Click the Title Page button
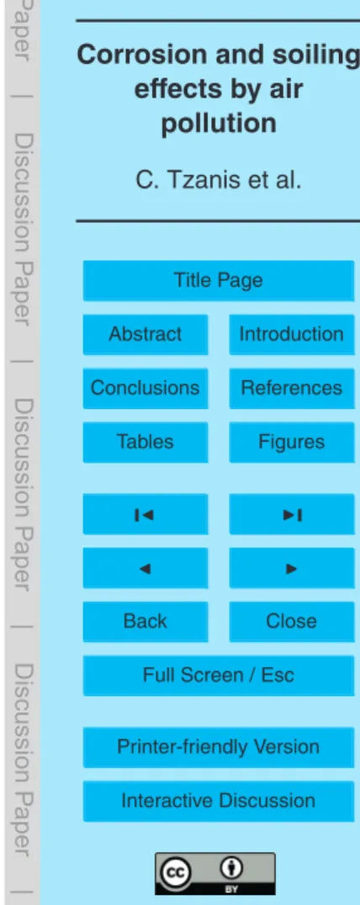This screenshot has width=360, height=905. coord(218,281)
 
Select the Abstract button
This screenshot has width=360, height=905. coord(146,334)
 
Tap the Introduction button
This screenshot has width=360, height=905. coord(291,334)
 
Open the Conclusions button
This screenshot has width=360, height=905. coord(146,388)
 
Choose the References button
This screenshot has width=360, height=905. coord(291,388)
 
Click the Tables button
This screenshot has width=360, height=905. coord(146,442)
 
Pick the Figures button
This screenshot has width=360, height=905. coord(291,442)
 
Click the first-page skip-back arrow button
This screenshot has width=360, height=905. coord(146,514)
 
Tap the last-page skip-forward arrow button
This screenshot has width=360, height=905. coord(291,514)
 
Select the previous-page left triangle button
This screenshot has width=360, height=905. coord(146,568)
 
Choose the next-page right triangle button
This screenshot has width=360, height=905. coord(291,568)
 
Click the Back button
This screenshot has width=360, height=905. coord(146,622)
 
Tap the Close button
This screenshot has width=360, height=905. coord(291,622)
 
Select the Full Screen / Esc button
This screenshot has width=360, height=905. coord(218,676)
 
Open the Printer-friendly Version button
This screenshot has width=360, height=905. coord(218,748)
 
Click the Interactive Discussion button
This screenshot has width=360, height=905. coord(218,801)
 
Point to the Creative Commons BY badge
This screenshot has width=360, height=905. coord(214,874)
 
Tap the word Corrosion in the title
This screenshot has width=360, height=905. coord(126,55)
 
